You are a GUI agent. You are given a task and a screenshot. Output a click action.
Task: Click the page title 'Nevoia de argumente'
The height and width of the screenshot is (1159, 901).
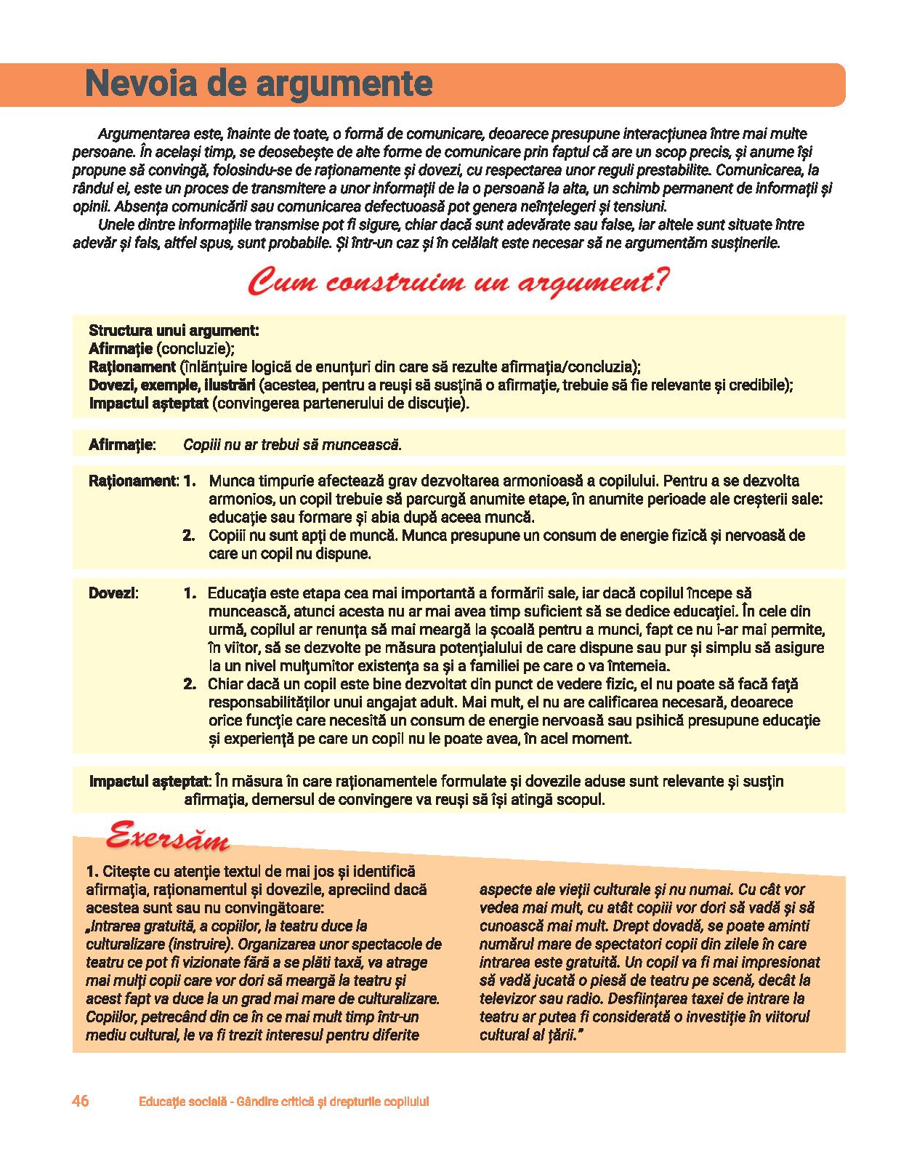click(x=259, y=84)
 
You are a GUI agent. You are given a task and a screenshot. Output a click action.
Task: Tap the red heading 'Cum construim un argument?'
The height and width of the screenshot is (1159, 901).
click(x=458, y=282)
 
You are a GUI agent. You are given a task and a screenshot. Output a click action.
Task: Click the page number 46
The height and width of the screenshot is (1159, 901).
click(x=81, y=1101)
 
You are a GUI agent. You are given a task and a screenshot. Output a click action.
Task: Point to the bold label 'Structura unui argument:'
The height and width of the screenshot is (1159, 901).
click(x=174, y=330)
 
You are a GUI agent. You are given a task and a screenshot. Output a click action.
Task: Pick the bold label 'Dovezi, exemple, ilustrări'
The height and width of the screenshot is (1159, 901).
click(x=171, y=385)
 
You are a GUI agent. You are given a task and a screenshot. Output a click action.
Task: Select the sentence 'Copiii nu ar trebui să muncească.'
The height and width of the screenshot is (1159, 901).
click(x=292, y=444)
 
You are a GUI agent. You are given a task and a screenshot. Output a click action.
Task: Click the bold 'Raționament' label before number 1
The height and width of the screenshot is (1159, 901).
click(x=132, y=481)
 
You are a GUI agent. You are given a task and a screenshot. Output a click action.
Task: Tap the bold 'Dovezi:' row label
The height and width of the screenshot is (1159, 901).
click(x=113, y=593)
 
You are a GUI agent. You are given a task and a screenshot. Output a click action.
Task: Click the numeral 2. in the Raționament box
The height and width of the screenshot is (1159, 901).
click(x=189, y=536)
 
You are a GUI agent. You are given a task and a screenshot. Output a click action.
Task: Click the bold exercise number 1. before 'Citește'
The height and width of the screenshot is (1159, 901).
click(x=92, y=871)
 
